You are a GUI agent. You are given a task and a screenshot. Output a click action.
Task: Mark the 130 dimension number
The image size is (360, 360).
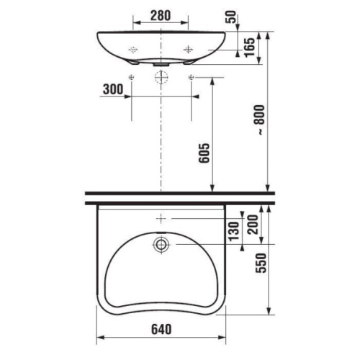(x=233, y=233)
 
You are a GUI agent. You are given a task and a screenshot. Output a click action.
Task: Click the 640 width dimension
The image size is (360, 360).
(x=161, y=328)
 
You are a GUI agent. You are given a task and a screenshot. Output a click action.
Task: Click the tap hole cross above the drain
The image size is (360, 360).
(x=161, y=217)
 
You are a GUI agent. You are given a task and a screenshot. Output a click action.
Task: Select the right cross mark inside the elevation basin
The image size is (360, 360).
(x=189, y=48)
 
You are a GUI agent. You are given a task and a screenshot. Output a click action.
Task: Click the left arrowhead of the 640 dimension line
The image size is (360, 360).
(x=99, y=337)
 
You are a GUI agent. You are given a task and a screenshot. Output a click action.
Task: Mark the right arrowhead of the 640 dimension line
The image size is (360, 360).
(x=224, y=337)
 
